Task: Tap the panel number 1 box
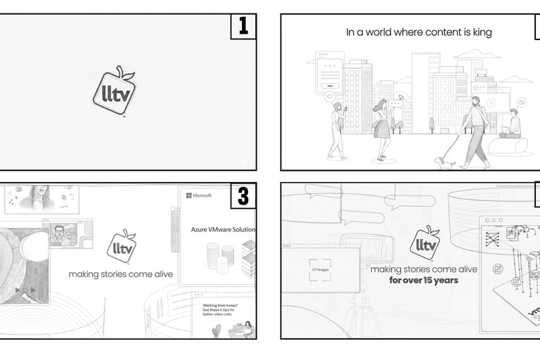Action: (x=243, y=27)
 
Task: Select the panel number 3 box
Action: (x=243, y=196)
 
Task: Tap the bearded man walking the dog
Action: (x=477, y=130)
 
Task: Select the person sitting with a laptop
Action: (x=511, y=127)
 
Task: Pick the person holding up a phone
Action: (x=337, y=130)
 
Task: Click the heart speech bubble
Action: (x=329, y=96)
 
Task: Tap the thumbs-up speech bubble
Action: (x=522, y=103)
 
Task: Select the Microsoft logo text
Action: (x=199, y=195)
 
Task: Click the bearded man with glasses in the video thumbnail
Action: (x=62, y=233)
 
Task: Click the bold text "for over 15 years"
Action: (x=423, y=280)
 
